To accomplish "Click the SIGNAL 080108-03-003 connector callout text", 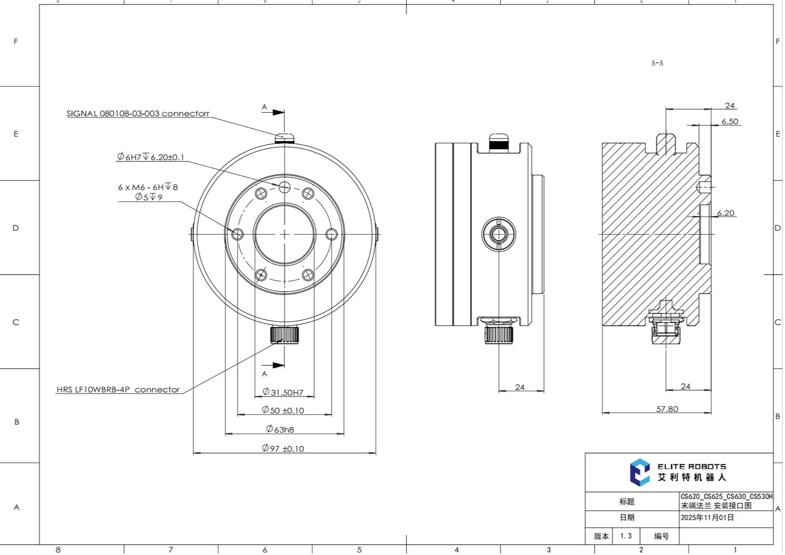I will [x=138, y=114].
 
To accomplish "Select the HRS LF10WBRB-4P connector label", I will [x=118, y=390].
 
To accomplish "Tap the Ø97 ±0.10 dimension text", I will [x=283, y=448].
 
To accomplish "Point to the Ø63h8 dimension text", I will [x=280, y=429].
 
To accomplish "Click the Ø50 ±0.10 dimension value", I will [x=283, y=410].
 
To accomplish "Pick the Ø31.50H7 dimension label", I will [x=283, y=392].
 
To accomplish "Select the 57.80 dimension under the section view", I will [x=667, y=409].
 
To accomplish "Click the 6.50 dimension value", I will [x=729, y=121].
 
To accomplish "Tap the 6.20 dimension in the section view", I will [x=726, y=213].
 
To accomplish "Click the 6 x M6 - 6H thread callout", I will [x=148, y=187].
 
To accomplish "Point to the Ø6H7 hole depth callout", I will [x=151, y=157].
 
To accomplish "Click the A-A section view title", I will [x=657, y=63].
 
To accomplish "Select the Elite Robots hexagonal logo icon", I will [x=640, y=472].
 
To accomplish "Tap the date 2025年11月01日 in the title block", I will [x=707, y=517].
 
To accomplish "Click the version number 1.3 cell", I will [x=626, y=536].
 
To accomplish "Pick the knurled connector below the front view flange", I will [x=284, y=335].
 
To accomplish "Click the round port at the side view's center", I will [x=498, y=235].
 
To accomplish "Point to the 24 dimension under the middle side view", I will [x=520, y=387].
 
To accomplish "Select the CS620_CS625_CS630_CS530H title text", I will [x=726, y=496].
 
